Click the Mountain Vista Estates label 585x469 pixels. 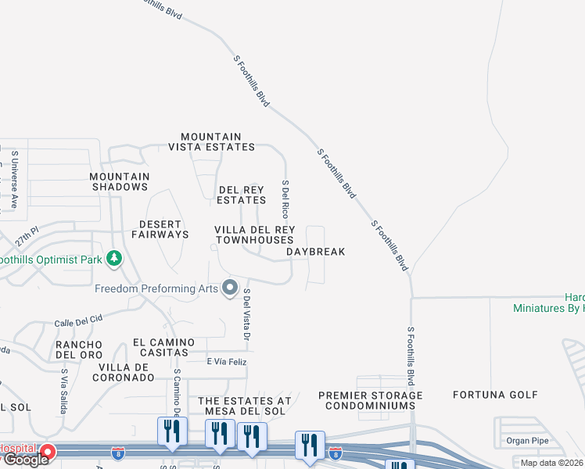(212, 141)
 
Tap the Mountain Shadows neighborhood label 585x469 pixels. (119, 182)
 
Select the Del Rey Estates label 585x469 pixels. (242, 195)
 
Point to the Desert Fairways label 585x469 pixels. (160, 229)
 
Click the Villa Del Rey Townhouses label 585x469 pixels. (255, 234)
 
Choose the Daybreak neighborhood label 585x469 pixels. (315, 252)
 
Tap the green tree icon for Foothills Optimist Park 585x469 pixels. (114, 258)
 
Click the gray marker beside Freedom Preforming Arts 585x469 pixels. (229, 288)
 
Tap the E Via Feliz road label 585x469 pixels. (226, 361)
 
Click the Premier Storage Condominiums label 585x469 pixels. (371, 401)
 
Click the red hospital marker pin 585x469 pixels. (48, 452)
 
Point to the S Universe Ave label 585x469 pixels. (14, 180)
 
